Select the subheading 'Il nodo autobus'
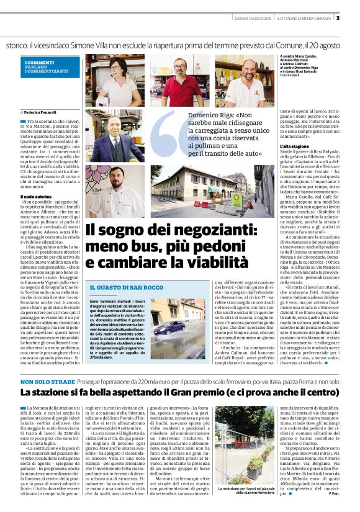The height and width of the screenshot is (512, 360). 36,197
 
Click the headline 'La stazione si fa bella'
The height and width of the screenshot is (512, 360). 180,375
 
